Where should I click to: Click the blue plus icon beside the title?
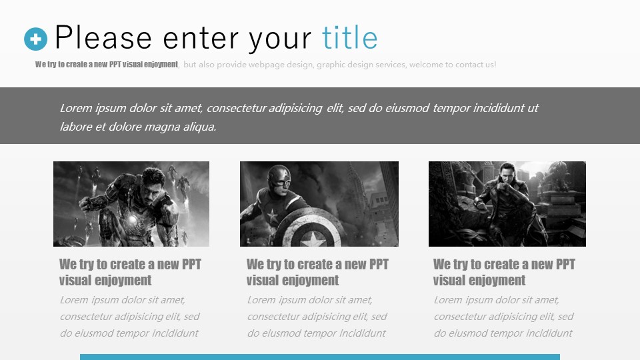(x=35, y=39)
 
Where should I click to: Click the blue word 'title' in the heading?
(x=350, y=37)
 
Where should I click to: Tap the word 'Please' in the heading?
(x=103, y=37)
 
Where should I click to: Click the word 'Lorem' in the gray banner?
(x=76, y=108)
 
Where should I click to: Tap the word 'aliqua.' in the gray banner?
(x=199, y=127)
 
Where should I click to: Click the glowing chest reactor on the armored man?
(x=133, y=221)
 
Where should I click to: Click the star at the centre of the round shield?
(x=313, y=239)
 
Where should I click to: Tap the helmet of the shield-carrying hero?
(x=279, y=178)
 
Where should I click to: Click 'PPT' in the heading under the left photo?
(x=191, y=264)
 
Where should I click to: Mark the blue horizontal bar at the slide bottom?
(x=320, y=357)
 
